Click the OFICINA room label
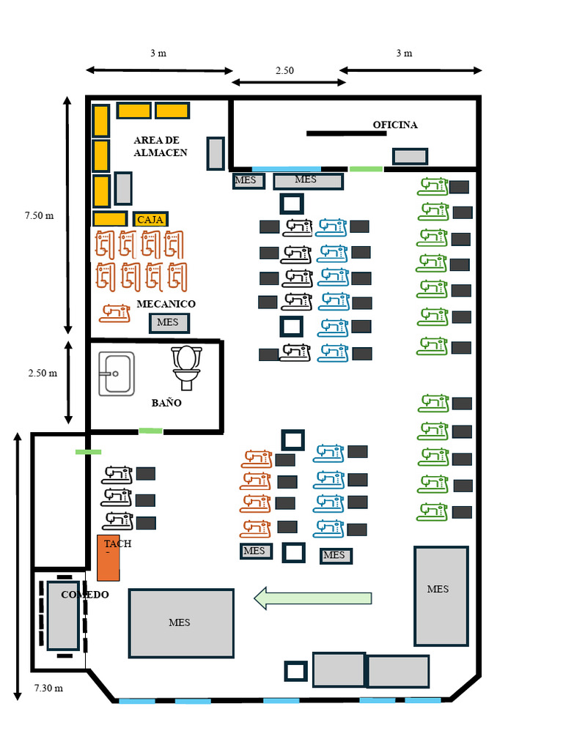click(x=395, y=125)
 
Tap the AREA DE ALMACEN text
click(x=160, y=146)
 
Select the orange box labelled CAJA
click(x=150, y=219)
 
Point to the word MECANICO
click(x=166, y=303)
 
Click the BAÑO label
click(x=166, y=403)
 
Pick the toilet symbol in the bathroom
click(x=186, y=367)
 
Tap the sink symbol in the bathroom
click(x=117, y=374)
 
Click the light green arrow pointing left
click(x=313, y=598)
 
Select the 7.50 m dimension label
click(x=39, y=215)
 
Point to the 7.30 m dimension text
click(x=48, y=688)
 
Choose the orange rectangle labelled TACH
click(x=108, y=557)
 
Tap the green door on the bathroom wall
click(x=150, y=431)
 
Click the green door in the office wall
click(x=366, y=169)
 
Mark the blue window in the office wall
click(x=286, y=169)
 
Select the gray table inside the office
click(x=410, y=156)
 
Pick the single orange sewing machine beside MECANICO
click(x=115, y=313)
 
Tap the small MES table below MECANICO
click(x=169, y=322)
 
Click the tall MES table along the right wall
click(x=441, y=595)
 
